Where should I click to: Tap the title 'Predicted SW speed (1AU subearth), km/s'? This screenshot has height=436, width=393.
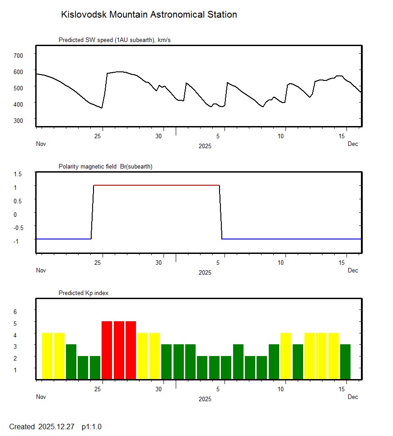[114, 40]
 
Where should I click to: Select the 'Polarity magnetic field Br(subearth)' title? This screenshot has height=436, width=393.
[105, 167]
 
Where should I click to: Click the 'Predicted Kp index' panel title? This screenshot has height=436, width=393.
[84, 293]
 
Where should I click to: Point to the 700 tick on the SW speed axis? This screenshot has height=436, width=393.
[18, 55]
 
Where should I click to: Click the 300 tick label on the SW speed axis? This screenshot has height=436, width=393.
[18, 120]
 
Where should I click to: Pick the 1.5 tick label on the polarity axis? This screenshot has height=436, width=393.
[18, 174]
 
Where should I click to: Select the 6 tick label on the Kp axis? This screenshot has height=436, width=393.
[15, 312]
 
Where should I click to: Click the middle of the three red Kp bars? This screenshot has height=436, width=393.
[119, 350]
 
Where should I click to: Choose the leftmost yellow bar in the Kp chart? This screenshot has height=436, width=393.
[47, 356]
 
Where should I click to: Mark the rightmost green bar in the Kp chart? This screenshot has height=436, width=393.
[345, 362]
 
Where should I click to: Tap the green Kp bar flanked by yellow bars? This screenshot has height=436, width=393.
[297, 362]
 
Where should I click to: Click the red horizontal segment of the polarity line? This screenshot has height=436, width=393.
[156, 185]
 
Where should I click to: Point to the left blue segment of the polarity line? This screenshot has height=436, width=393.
[63, 239]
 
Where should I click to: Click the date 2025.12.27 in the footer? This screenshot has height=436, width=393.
[56, 427]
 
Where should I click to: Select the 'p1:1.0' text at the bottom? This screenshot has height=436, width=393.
[91, 427]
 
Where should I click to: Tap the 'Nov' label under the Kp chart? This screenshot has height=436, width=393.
[41, 397]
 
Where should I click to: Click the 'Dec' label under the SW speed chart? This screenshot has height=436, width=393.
[353, 144]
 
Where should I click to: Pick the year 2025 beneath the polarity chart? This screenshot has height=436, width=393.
[205, 273]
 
